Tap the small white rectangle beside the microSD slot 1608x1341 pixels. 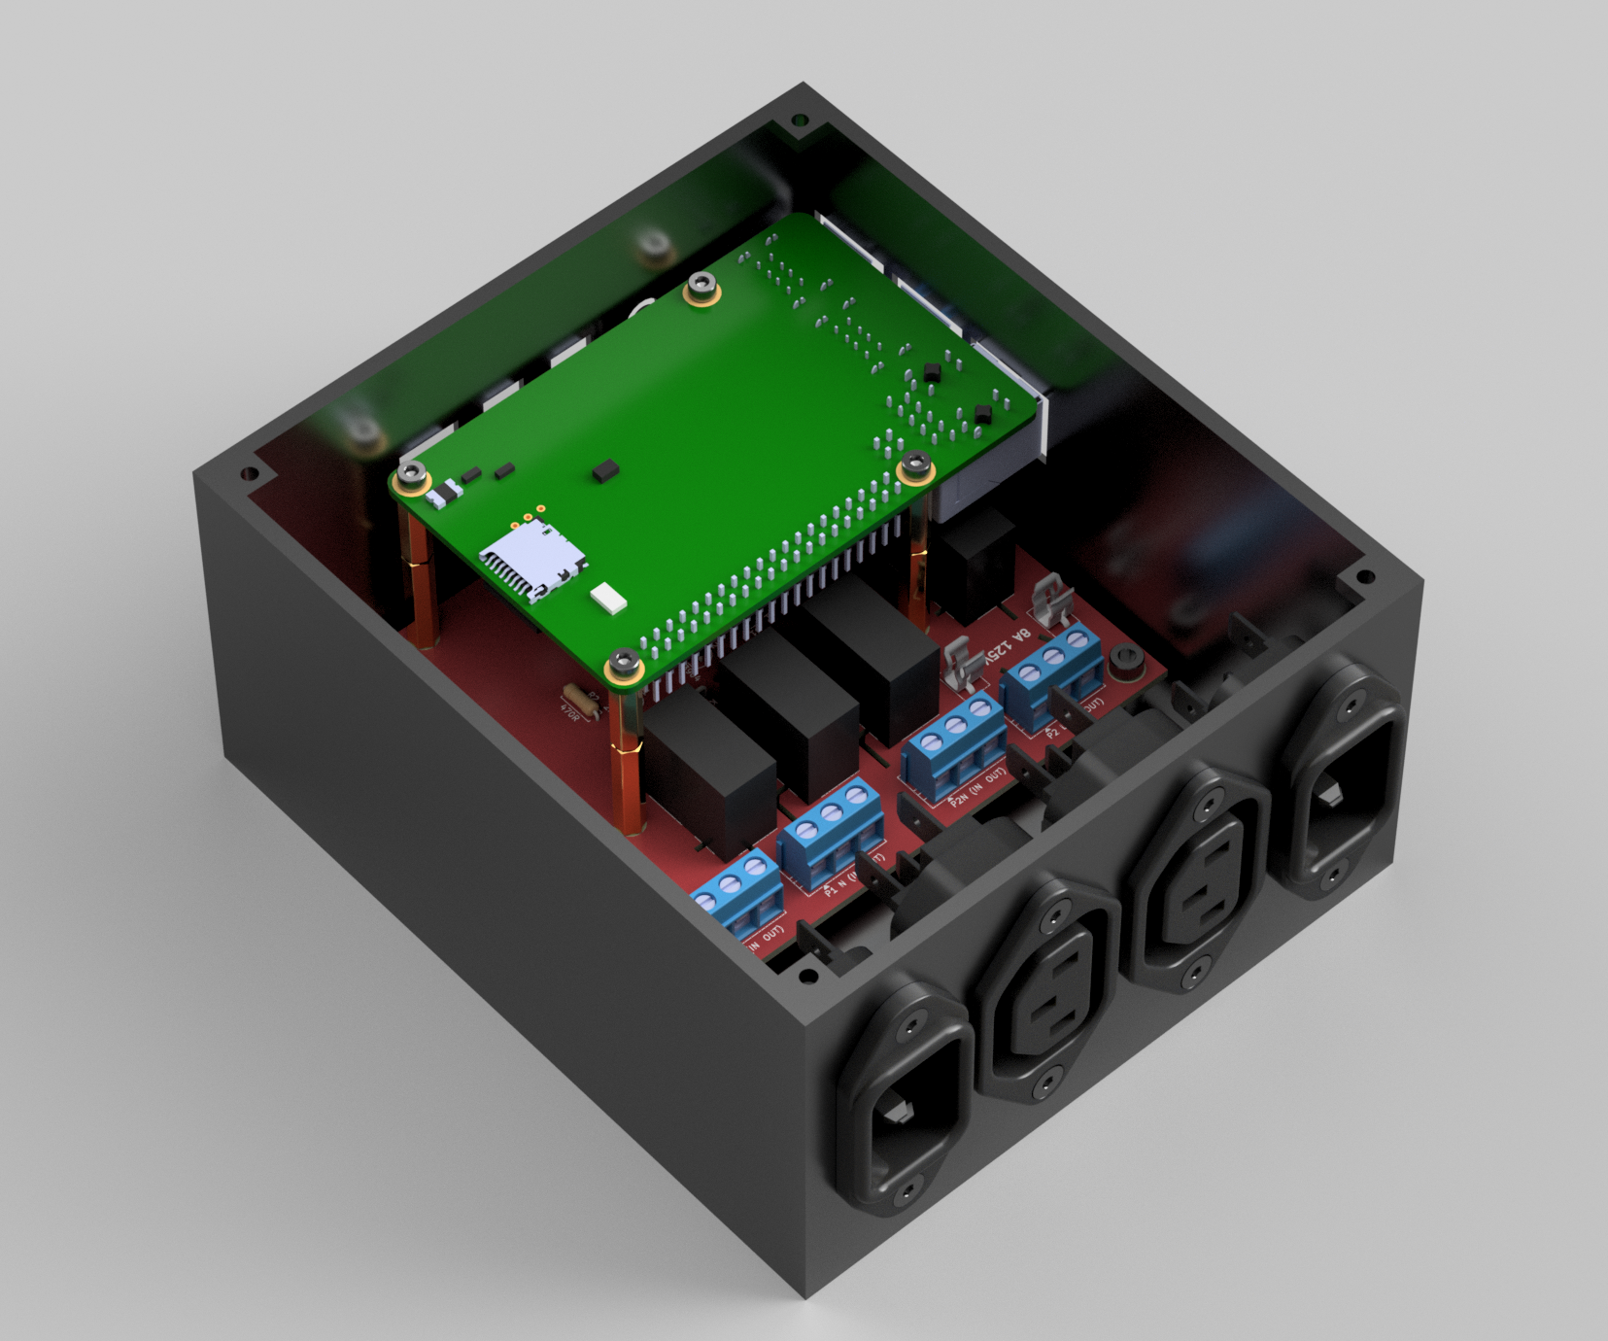[608, 598]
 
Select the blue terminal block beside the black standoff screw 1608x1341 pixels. [1054, 670]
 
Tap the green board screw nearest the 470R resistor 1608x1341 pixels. [625, 669]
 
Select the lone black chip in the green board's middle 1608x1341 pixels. [604, 472]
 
